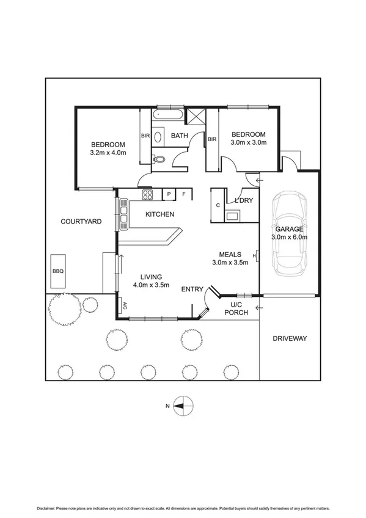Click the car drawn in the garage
pos(289,233)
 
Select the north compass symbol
pos(184,406)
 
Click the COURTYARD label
pos(81,221)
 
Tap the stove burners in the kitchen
pos(148,195)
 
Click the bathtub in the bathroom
pos(166,115)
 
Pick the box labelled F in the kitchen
pos(185,195)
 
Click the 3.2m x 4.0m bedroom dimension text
pos(108,152)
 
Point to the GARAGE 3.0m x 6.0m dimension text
pos(289,237)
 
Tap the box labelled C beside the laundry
pos(218,205)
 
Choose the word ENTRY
pos(192,289)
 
